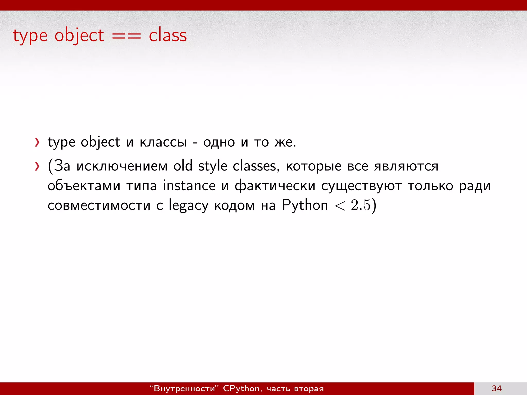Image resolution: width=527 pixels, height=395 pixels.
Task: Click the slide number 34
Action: click(496, 388)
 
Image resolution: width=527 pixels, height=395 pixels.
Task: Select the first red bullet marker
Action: click(37, 142)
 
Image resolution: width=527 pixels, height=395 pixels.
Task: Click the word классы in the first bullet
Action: click(163, 142)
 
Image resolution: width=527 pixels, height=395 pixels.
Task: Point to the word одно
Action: click(219, 142)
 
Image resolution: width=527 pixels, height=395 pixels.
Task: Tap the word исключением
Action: click(122, 166)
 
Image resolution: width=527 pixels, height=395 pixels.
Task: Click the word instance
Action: click(189, 185)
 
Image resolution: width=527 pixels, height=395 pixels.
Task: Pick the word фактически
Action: click(275, 186)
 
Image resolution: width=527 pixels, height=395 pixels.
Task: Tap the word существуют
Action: click(361, 186)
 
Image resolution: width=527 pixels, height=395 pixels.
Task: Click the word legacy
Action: click(188, 206)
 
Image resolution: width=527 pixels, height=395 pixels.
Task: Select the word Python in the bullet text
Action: click(305, 205)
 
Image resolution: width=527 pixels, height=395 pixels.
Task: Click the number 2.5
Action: click(361, 205)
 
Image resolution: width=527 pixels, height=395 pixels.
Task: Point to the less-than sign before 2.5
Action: click(340, 206)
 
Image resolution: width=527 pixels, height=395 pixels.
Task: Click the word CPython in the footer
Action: click(242, 388)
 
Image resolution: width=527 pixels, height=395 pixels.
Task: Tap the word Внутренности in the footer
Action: click(184, 388)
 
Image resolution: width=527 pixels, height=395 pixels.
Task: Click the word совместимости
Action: click(99, 205)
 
